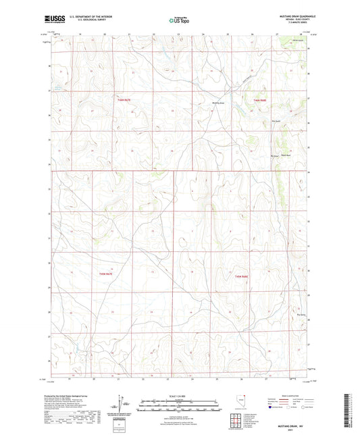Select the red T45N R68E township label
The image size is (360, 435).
(242, 276)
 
